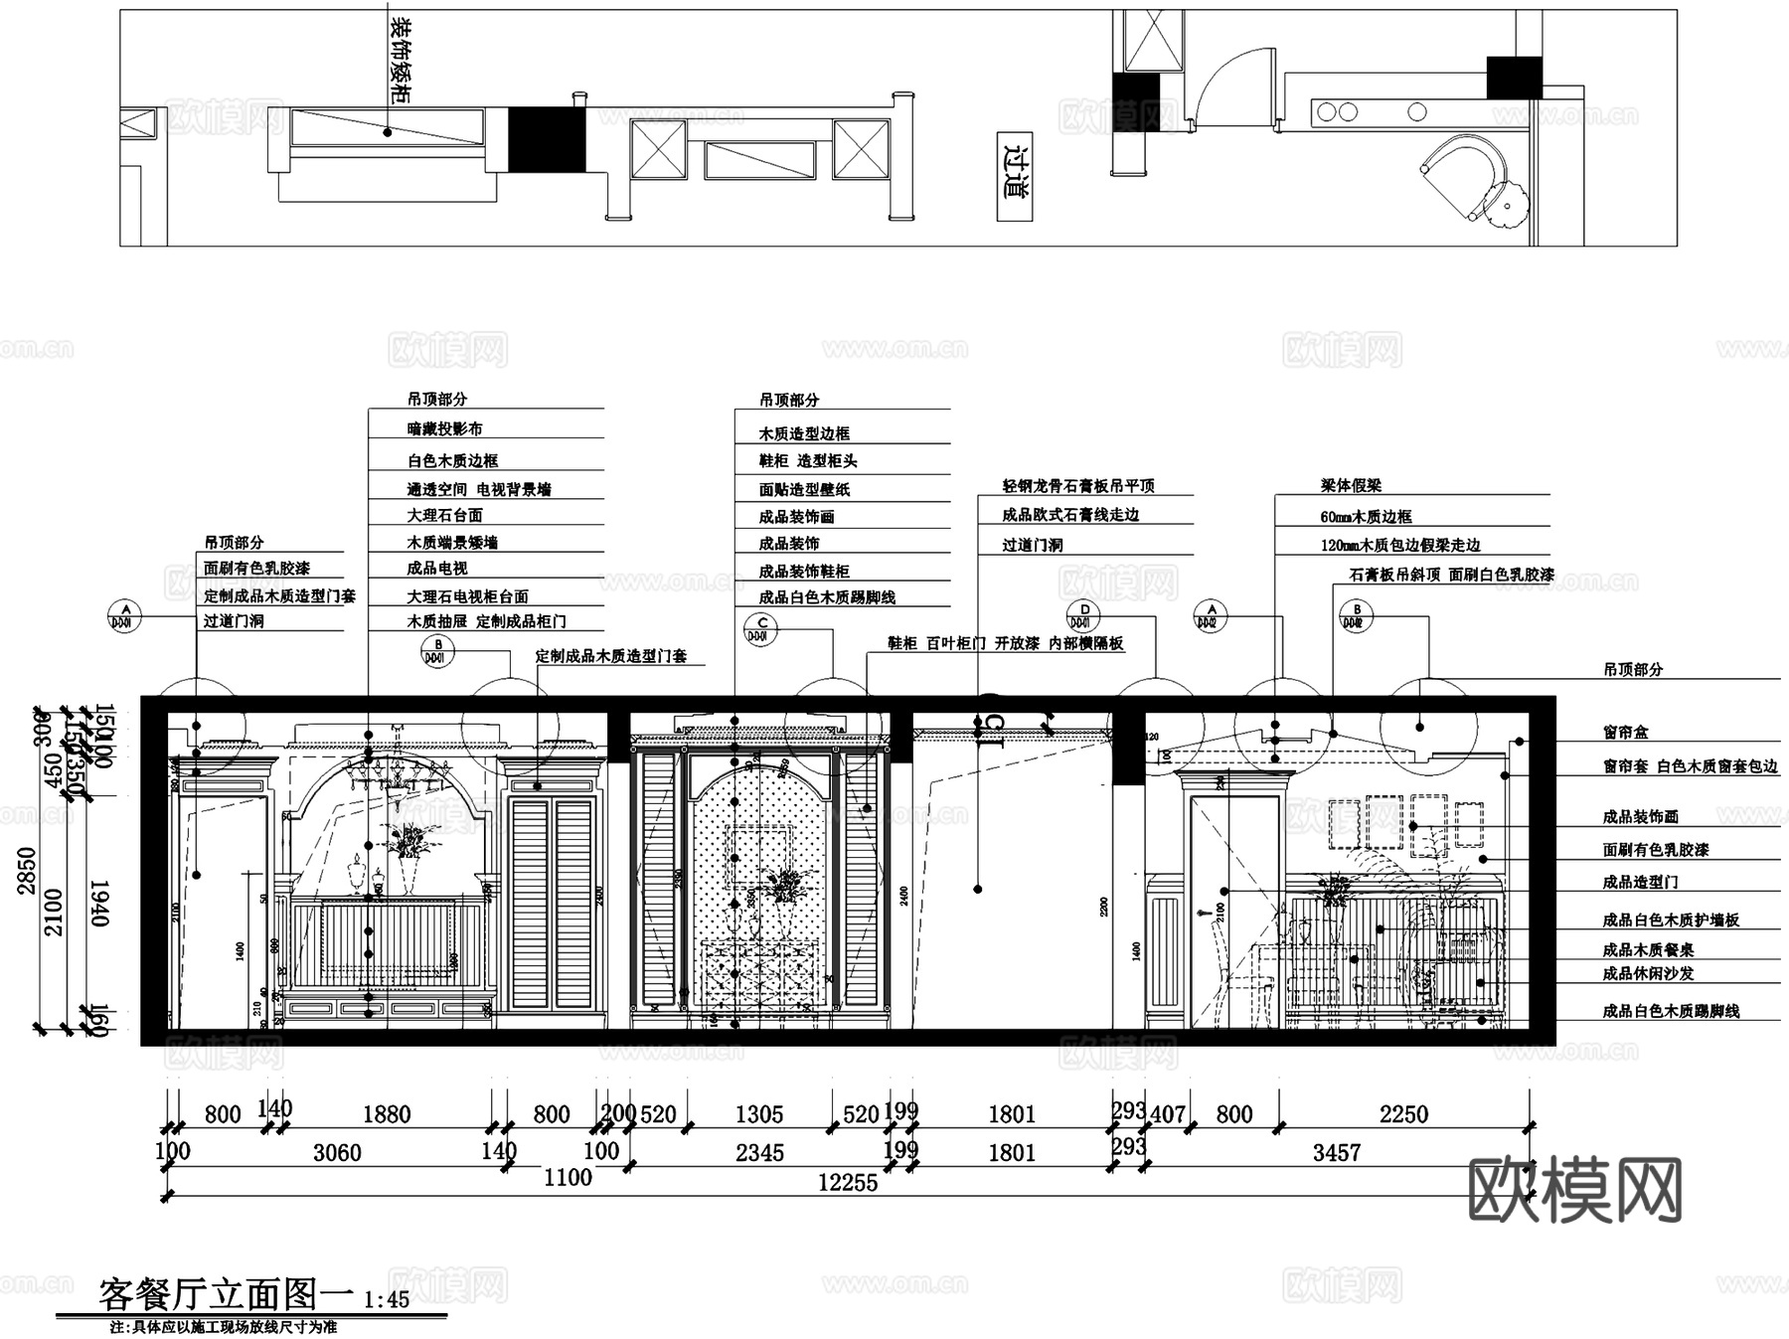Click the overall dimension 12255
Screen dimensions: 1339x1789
click(x=848, y=1182)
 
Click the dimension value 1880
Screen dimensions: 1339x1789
click(x=387, y=1114)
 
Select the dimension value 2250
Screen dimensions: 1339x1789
click(x=1403, y=1114)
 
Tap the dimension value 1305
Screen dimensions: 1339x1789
click(x=759, y=1114)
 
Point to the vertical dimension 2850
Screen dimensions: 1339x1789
click(x=27, y=871)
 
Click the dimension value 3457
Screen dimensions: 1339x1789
click(x=1336, y=1153)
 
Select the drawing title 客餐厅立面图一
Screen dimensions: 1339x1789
click(x=226, y=1295)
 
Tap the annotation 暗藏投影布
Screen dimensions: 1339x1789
click(x=444, y=429)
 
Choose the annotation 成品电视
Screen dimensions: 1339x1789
click(x=437, y=569)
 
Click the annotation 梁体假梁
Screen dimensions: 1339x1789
click(x=1351, y=486)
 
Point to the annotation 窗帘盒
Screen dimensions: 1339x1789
click(x=1625, y=733)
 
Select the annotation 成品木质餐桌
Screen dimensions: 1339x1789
click(x=1648, y=950)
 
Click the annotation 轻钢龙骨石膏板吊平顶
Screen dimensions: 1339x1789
click(x=1078, y=486)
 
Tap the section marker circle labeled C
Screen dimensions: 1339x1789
click(x=761, y=628)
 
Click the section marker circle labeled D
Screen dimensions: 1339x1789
click(x=1084, y=615)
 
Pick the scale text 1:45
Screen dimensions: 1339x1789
click(x=387, y=1300)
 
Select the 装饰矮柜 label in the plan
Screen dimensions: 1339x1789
click(x=400, y=60)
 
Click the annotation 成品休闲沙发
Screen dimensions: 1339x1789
click(x=1648, y=974)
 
